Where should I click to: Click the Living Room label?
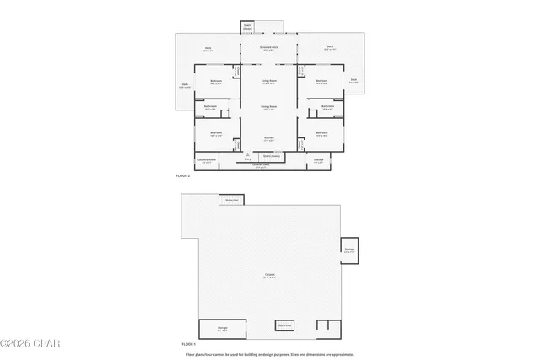(270, 82)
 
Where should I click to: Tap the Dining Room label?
(270, 106)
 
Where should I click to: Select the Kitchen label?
(269, 137)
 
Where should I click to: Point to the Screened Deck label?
(270, 48)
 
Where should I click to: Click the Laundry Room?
(208, 160)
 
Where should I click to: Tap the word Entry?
(247, 159)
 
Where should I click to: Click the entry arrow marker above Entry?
(247, 154)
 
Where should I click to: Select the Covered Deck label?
(262, 165)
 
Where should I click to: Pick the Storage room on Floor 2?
(318, 160)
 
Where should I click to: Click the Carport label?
(270, 274)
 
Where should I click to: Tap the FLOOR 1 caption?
(189, 345)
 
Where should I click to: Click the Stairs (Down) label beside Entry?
(271, 156)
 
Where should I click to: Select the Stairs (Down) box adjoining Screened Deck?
(248, 28)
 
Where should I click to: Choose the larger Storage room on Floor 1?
(222, 328)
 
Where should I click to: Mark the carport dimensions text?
(270, 277)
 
